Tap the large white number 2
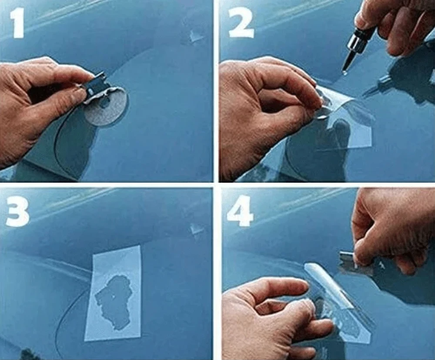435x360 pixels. point(241,24)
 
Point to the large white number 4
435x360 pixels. point(240,212)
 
